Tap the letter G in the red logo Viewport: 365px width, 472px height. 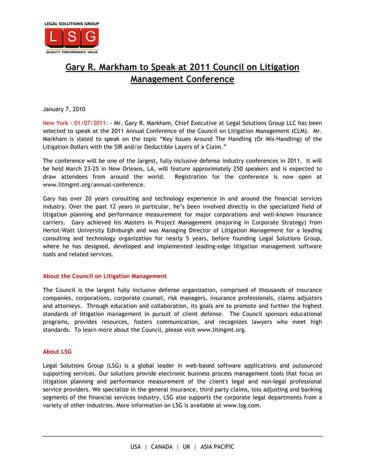[90, 38]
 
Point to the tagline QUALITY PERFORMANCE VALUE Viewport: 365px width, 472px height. [72, 51]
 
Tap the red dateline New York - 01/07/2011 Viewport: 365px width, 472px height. [76, 123]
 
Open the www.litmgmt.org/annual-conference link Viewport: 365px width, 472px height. [94, 185]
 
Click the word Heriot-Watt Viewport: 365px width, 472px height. [60, 230]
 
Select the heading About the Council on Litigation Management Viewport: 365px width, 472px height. [105, 276]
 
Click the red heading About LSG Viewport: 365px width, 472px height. [57, 351]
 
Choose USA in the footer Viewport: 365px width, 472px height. [136, 447]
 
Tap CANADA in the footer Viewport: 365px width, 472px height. [162, 447]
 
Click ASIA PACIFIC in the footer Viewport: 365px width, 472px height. [217, 447]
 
